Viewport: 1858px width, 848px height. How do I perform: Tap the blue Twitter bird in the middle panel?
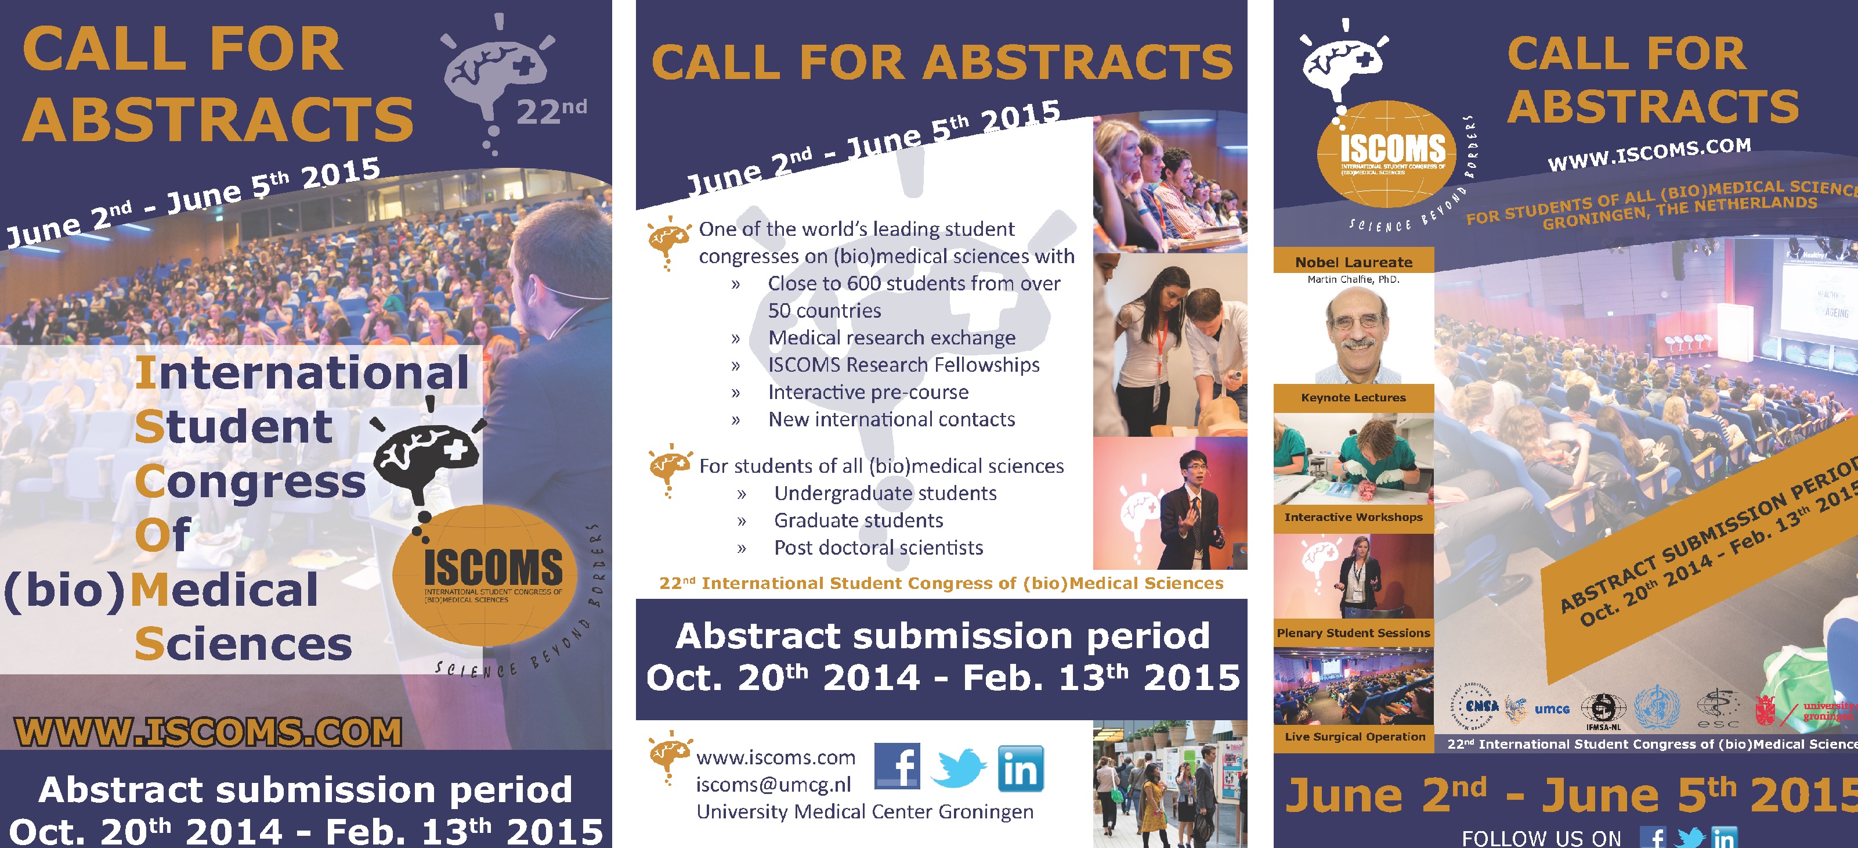click(959, 768)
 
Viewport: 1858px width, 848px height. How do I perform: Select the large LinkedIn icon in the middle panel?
click(1020, 768)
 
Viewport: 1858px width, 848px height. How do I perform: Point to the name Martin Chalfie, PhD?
click(1353, 279)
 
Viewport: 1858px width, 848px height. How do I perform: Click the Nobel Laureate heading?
click(1353, 262)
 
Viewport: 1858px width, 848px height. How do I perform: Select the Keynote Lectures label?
click(1353, 398)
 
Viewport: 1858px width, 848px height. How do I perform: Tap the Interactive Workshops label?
click(1353, 517)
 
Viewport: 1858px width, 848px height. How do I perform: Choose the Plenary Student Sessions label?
click(1353, 633)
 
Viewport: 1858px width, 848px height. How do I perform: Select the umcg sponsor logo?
click(1552, 709)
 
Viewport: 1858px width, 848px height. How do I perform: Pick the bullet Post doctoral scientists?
click(878, 548)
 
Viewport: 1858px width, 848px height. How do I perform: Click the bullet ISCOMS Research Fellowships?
click(903, 365)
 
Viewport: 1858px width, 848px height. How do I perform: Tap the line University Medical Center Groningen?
click(865, 812)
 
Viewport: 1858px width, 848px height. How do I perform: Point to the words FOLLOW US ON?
click(1541, 838)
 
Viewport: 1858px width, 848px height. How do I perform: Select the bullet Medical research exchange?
click(891, 338)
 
